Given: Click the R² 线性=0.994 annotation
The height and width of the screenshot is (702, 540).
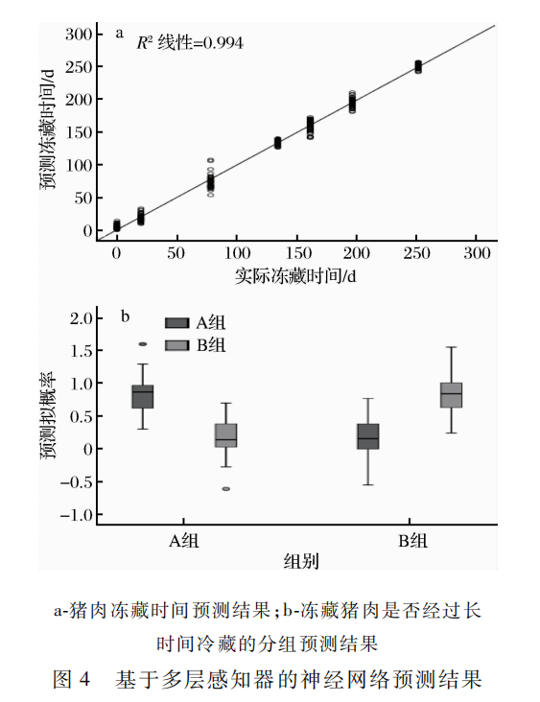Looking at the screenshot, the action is click(190, 43).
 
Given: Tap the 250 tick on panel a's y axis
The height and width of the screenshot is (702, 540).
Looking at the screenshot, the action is click(79, 67).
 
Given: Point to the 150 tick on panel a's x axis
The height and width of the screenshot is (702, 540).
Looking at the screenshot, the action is click(298, 253).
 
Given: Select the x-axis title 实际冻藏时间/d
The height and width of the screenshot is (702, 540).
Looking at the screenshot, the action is click(295, 276).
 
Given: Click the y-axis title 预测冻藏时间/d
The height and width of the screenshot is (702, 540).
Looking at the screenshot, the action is click(47, 130).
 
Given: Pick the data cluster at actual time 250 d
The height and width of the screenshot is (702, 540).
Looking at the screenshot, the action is click(418, 67).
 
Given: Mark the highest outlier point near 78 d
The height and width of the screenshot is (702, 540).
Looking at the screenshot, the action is click(210, 160).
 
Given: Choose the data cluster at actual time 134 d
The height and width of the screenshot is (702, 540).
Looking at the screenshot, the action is click(277, 143).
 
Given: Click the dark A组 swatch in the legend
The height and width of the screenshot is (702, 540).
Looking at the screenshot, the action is click(176, 323).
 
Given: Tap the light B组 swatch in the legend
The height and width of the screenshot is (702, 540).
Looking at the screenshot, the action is click(176, 345).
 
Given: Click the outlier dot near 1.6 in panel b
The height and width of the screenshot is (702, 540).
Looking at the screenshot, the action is click(143, 344).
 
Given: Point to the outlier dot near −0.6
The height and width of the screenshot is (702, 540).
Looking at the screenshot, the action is click(226, 489).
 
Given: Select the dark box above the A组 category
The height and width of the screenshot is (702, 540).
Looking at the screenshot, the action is click(142, 397).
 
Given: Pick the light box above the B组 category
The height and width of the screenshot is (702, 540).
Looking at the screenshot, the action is click(452, 395).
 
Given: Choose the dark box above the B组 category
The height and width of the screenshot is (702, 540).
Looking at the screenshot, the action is click(368, 436).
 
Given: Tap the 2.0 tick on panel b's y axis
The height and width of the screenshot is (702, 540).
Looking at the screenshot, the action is click(81, 318).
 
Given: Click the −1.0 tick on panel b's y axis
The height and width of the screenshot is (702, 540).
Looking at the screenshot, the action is click(76, 515).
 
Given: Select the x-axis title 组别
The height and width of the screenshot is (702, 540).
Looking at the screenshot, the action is click(301, 561).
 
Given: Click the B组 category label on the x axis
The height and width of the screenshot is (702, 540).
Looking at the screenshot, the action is click(412, 541).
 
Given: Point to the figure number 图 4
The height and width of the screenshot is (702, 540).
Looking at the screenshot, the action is click(72, 679).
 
